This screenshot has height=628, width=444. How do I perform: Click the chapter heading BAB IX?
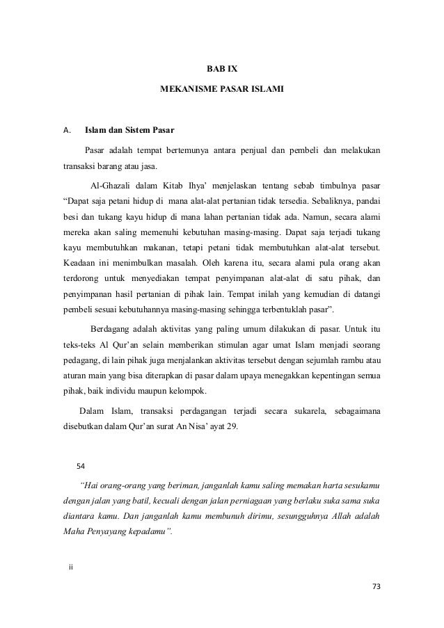click(x=222, y=69)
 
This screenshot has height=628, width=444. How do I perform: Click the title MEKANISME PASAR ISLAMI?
click(x=222, y=90)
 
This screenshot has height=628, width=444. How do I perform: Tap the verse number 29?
click(x=231, y=426)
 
